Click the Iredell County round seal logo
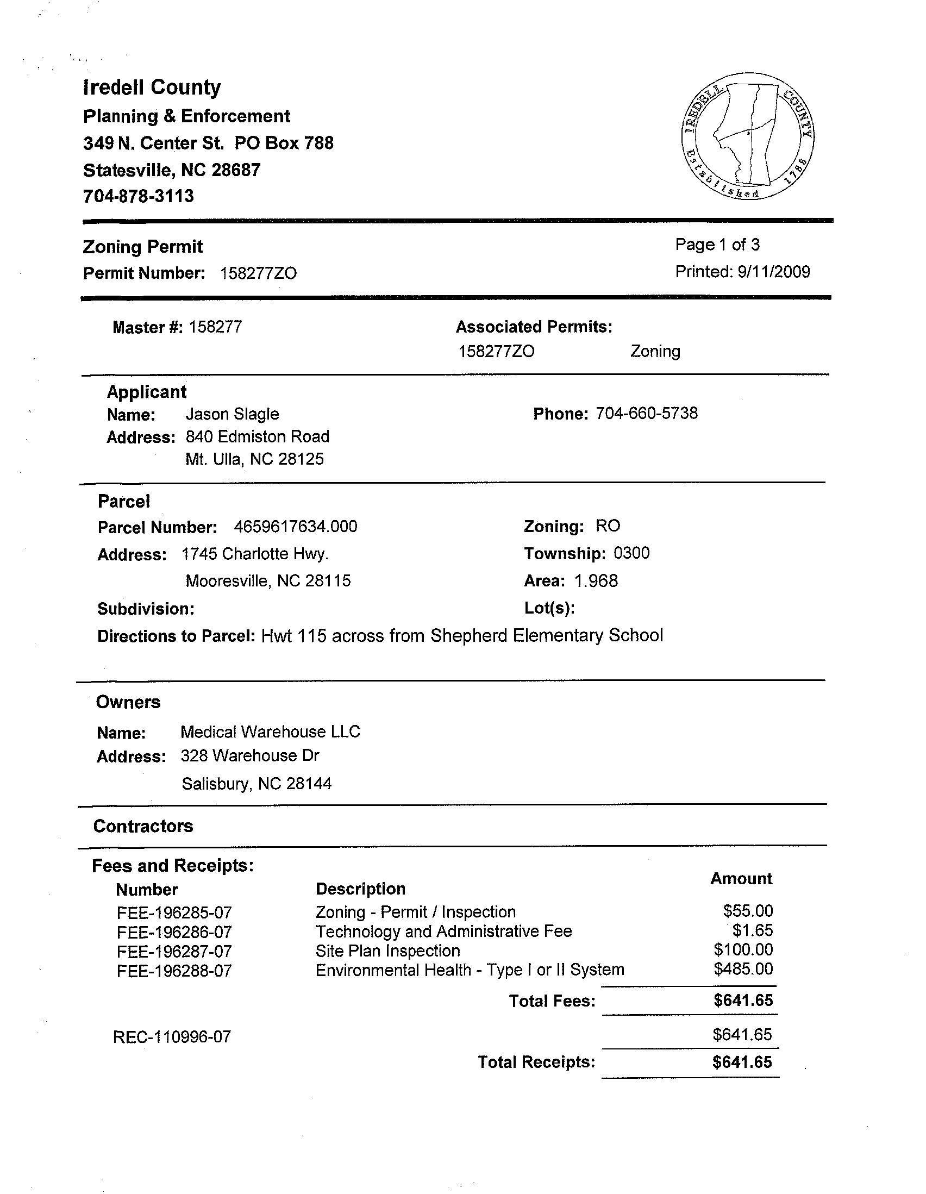(748, 136)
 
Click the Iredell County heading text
(152, 87)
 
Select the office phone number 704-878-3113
(138, 196)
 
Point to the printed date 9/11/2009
(773, 272)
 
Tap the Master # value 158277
(215, 327)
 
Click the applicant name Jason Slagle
(233, 414)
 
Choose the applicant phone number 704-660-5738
(647, 412)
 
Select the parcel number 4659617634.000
(295, 527)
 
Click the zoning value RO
(608, 526)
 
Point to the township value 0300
(631, 553)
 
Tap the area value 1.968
(596, 580)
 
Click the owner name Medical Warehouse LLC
(270, 732)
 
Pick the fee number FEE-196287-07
(174, 952)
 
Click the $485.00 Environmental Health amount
(743, 970)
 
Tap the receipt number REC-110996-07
(172, 1037)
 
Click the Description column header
(361, 889)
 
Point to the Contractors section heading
(143, 826)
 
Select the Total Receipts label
(536, 1062)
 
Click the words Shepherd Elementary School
(547, 635)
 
